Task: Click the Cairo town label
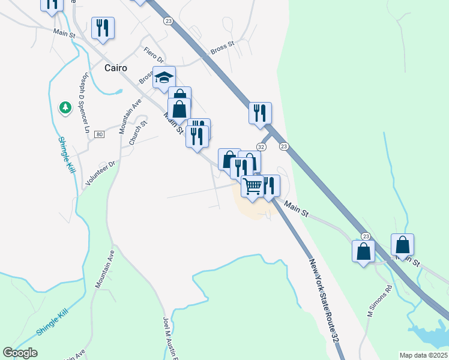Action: point(116,68)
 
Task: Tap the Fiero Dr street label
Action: point(153,55)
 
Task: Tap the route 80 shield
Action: point(100,134)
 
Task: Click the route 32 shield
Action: point(261,147)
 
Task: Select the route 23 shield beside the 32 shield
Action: point(284,146)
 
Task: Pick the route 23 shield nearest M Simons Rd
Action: point(365,237)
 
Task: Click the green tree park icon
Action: point(65,107)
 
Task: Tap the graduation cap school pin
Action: point(164,77)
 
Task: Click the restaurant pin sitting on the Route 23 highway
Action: point(260,112)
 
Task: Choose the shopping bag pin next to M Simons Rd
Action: point(364,251)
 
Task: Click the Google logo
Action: point(20,352)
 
